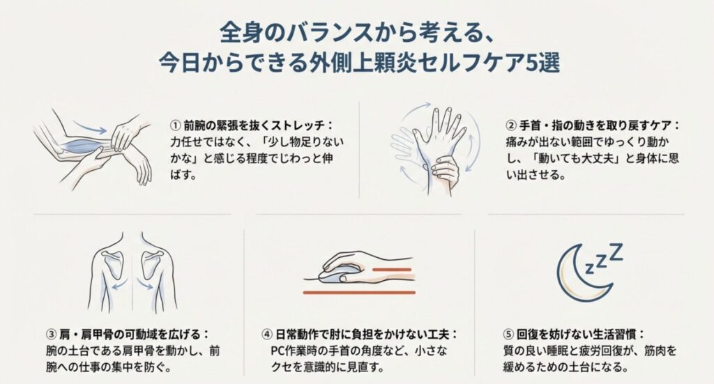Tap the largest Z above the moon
tap(616, 252)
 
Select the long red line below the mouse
tap(359, 292)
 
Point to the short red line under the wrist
tap(392, 270)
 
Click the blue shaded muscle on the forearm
tap(84, 146)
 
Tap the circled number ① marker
tap(175, 125)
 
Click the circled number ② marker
tap(511, 125)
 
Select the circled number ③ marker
tap(51, 335)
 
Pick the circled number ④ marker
tap(267, 335)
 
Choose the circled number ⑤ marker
tap(508, 335)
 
